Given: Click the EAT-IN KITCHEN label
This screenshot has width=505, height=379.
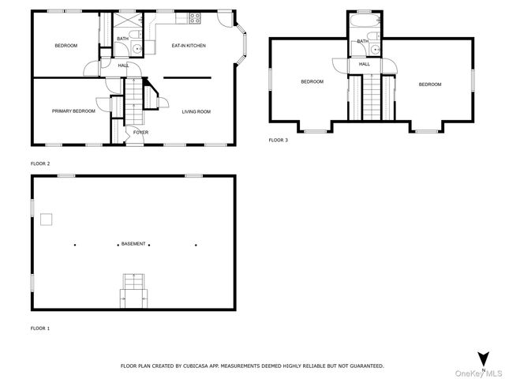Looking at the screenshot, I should pyautogui.click(x=189, y=46).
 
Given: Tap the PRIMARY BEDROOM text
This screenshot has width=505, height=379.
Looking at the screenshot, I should pyautogui.click(x=73, y=111).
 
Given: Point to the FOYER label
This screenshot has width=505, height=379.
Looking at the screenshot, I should pyautogui.click(x=140, y=133).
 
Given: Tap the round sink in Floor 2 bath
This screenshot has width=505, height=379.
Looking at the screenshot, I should pyautogui.click(x=137, y=49).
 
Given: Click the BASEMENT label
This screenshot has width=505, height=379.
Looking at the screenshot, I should pyautogui.click(x=133, y=244).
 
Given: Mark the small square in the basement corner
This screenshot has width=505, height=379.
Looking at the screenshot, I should pyautogui.click(x=47, y=219).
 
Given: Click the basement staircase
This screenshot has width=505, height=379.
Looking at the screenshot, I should pyautogui.click(x=133, y=289).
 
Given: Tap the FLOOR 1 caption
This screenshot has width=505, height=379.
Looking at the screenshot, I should pyautogui.click(x=40, y=328).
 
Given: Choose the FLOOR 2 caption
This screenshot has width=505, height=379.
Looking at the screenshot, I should pyautogui.click(x=40, y=163).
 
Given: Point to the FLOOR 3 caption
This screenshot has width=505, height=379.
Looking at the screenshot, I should pyautogui.click(x=279, y=140).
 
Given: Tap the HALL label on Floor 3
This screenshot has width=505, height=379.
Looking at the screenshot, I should pyautogui.click(x=365, y=65).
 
